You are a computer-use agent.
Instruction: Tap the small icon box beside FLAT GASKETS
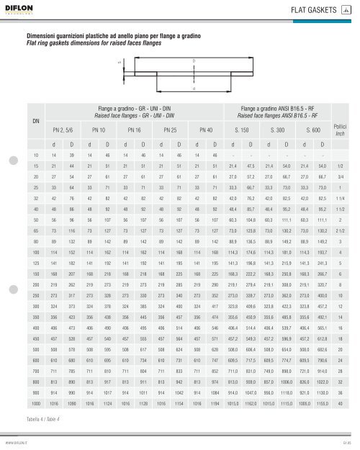click(x=346, y=9)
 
